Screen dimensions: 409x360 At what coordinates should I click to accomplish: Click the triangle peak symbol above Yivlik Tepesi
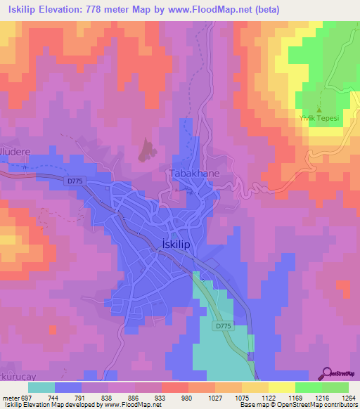click(x=320, y=110)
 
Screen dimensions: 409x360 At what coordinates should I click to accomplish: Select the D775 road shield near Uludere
click(x=76, y=181)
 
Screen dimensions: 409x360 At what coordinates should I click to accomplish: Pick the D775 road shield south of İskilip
click(x=223, y=326)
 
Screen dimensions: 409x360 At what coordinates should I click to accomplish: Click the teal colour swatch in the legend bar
click(x=41, y=387)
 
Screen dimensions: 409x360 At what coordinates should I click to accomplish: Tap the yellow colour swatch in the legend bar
click(x=282, y=387)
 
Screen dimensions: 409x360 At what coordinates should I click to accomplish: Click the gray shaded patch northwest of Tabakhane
click(x=147, y=150)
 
